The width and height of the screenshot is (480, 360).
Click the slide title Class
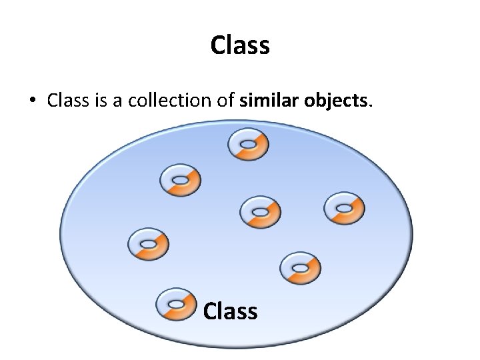point(240,45)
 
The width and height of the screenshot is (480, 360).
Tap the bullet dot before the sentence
point(31,101)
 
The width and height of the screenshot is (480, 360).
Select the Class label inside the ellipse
point(230,311)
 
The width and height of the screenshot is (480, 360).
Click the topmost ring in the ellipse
point(248,145)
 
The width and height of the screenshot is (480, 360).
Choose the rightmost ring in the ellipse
point(344,209)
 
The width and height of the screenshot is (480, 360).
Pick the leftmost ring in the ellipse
point(148,243)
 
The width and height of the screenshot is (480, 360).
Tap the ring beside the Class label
point(175,305)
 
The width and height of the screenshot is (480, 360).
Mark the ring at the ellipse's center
point(259,213)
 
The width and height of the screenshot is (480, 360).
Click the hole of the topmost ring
point(247,144)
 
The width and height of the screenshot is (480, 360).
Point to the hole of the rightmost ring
point(343,208)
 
